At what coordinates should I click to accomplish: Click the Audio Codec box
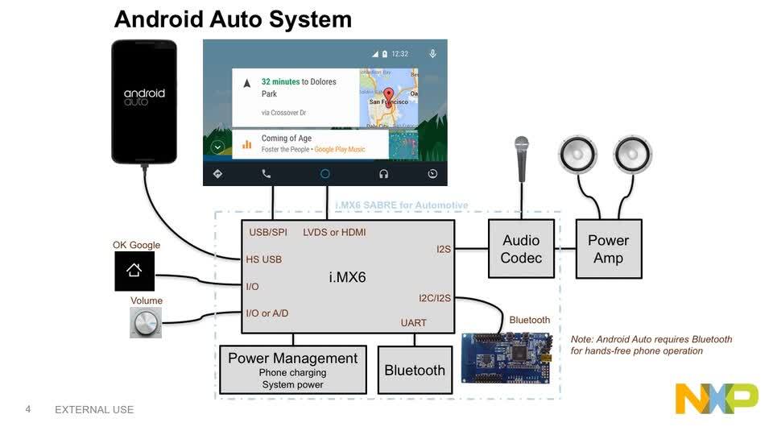[x=521, y=249]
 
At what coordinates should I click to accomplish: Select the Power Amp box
[x=609, y=249]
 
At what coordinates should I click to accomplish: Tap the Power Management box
[x=292, y=370]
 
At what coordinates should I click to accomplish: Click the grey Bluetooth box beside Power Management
[x=415, y=370]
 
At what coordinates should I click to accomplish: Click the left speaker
[x=578, y=155]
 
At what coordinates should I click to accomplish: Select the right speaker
[x=632, y=155]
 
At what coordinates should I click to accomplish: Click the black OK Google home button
[x=134, y=271]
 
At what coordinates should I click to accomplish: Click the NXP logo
[x=716, y=399]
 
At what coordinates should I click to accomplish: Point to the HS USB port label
[x=263, y=259]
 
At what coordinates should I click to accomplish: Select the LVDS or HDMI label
[x=334, y=232]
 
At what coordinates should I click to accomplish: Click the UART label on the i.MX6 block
[x=414, y=323]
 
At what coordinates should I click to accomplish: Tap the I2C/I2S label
[x=435, y=297]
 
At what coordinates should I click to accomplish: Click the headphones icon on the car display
[x=384, y=174]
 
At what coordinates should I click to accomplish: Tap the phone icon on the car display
[x=267, y=174]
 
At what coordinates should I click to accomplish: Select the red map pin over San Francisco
[x=388, y=95]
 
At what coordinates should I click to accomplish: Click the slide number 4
[x=28, y=409]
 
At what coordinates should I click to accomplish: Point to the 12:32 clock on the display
[x=399, y=54]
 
